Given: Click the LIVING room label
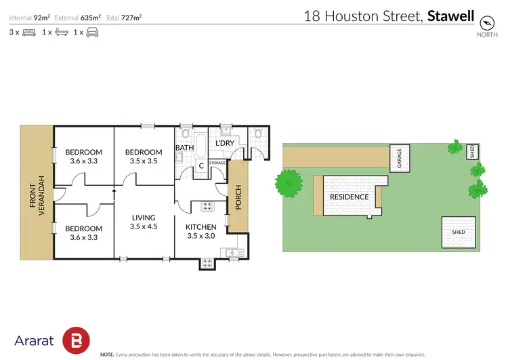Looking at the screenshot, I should (x=144, y=217).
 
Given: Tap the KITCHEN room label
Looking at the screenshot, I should (x=201, y=227).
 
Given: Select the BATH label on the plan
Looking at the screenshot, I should (x=185, y=147).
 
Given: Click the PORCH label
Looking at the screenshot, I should (x=238, y=198).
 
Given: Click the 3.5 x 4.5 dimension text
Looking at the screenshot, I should (x=144, y=226).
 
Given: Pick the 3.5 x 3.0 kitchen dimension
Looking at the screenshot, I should (x=201, y=237).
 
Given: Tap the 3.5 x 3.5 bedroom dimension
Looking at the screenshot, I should (x=143, y=161).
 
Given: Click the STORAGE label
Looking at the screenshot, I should (x=217, y=163).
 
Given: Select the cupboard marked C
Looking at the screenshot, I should (x=201, y=167).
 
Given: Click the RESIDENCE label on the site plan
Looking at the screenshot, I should (x=349, y=197).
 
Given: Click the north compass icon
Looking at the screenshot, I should (x=486, y=21).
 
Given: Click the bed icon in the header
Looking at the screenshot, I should (x=28, y=32).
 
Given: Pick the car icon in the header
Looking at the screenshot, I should (x=92, y=32).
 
